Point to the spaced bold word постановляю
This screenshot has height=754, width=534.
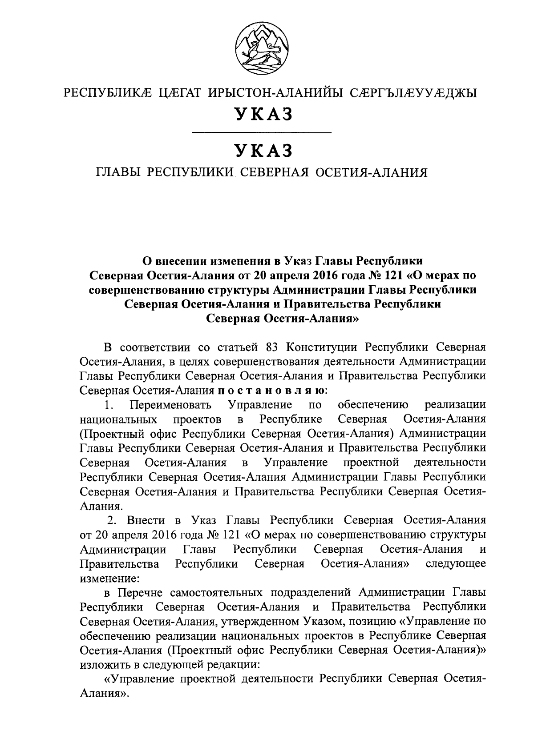coord(272,391)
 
